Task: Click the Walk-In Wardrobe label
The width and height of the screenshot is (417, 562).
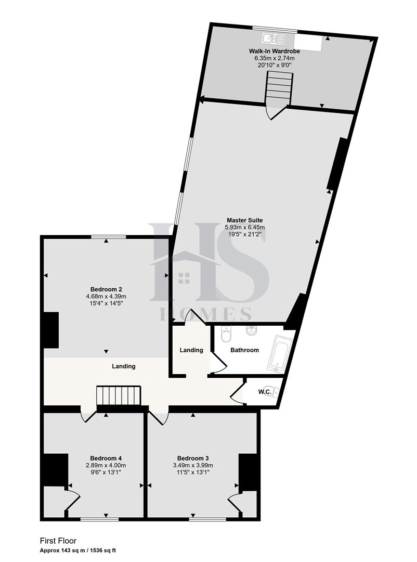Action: [x=281, y=52]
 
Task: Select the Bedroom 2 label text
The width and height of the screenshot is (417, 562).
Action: [x=106, y=289]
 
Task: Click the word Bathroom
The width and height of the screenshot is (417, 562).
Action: [x=244, y=350]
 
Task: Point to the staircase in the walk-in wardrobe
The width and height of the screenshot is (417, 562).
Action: [x=278, y=88]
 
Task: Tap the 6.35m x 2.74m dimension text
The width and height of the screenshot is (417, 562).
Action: [x=281, y=59]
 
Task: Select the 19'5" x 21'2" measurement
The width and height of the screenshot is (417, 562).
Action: [x=244, y=234]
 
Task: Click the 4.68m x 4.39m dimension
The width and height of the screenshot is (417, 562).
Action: [x=106, y=297]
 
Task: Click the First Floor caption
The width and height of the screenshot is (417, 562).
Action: [x=58, y=541]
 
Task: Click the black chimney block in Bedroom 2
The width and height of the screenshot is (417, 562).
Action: [x=51, y=330]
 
